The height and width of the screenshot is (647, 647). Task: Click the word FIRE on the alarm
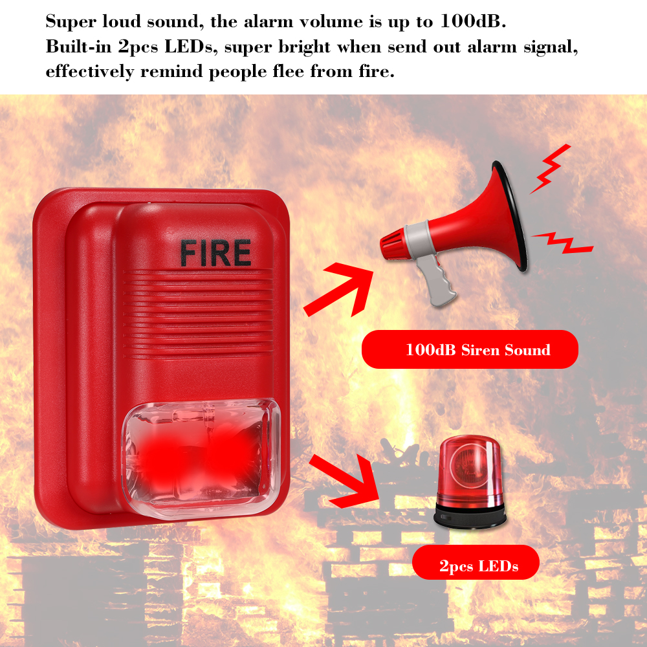click(215, 253)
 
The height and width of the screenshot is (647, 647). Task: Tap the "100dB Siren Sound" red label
click(469, 350)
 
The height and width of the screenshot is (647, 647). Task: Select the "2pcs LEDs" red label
click(476, 567)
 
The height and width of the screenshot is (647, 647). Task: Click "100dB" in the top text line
click(471, 21)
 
